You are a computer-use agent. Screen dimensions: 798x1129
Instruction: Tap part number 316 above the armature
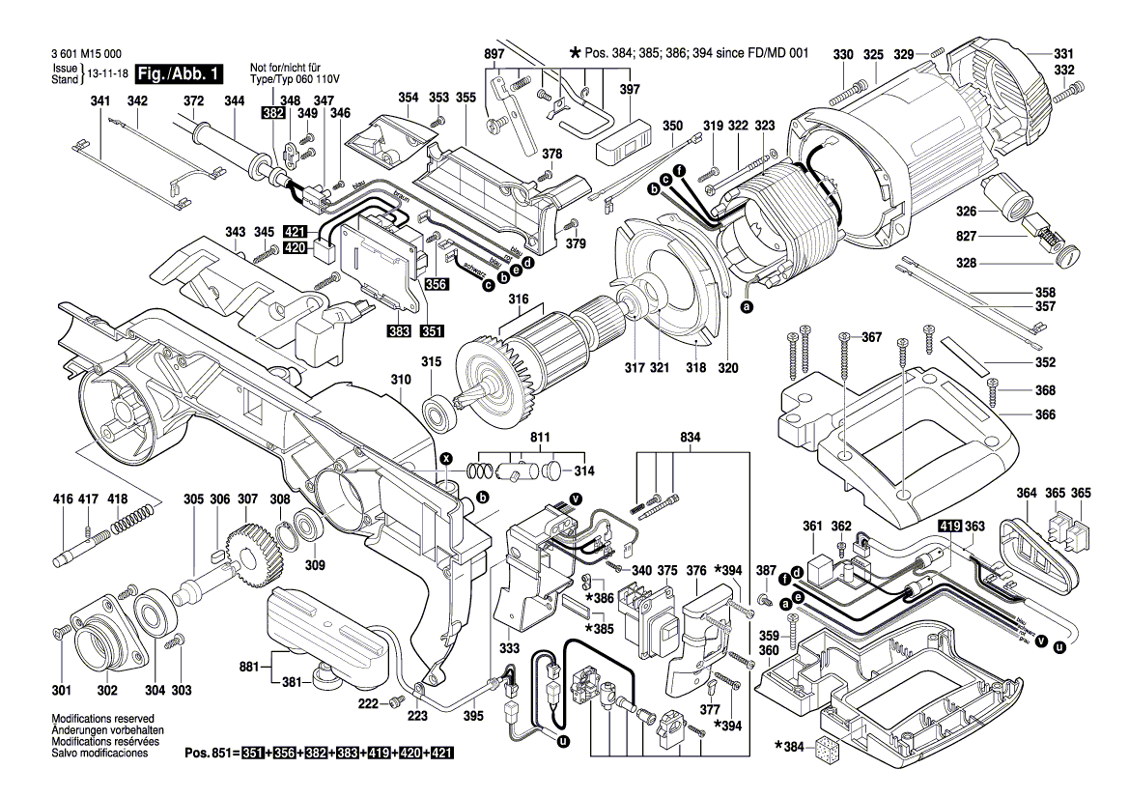click(519, 300)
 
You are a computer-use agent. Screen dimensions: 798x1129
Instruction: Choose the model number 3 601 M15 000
click(84, 56)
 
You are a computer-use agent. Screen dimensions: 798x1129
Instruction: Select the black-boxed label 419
click(950, 527)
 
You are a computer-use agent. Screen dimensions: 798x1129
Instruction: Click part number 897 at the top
click(494, 54)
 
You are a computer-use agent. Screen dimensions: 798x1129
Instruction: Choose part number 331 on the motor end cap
click(1063, 54)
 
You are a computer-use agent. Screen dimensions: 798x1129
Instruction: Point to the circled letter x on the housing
click(445, 457)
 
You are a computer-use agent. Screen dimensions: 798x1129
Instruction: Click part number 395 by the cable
click(473, 716)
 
